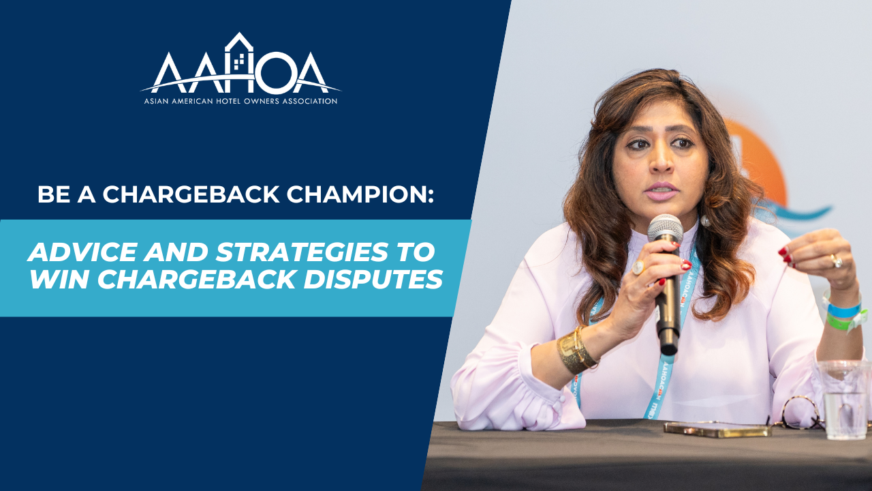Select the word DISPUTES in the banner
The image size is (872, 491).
click(373, 279)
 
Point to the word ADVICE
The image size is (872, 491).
click(82, 252)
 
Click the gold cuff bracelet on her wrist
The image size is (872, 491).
click(576, 349)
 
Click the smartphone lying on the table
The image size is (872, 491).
click(717, 430)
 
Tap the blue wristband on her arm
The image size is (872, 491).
click(843, 310)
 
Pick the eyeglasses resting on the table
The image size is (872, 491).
click(798, 413)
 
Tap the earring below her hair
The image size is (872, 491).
click(705, 221)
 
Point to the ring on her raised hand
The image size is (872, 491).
click(836, 261)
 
